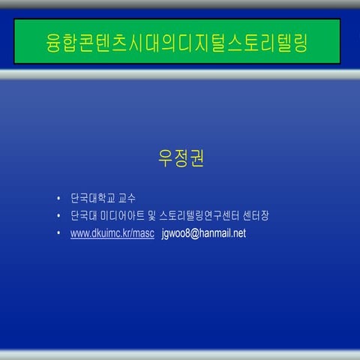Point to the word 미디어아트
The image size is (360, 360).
coord(123,216)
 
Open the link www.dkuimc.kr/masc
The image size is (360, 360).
coord(112,233)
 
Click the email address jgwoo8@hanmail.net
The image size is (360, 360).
coord(204,233)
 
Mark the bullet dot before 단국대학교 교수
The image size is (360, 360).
coord(58,199)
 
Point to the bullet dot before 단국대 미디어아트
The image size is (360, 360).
coord(58,217)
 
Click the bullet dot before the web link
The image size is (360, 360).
coord(58,234)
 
